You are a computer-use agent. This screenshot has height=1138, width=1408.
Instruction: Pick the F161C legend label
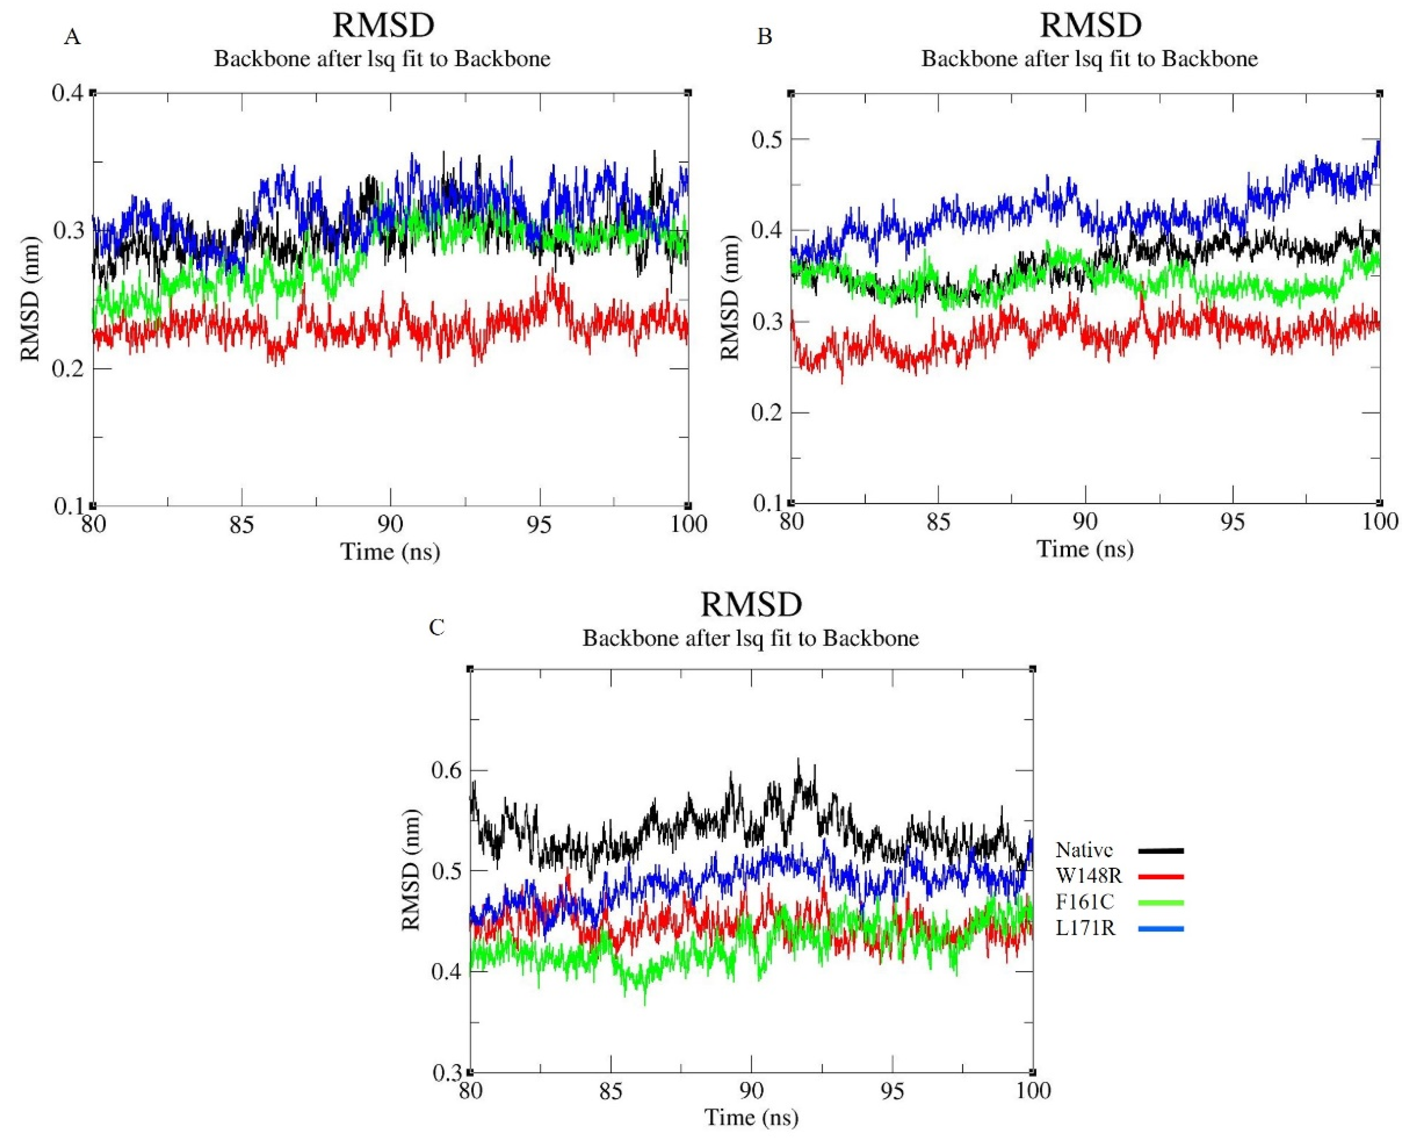[x=1085, y=902]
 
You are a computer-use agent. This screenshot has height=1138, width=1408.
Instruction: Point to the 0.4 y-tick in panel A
[x=68, y=93]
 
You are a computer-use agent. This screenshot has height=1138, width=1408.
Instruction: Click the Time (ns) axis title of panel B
[x=1085, y=548]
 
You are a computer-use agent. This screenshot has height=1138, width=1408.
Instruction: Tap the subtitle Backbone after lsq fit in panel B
[x=1090, y=60]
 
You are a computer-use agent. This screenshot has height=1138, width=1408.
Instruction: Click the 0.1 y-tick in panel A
[x=68, y=506]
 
